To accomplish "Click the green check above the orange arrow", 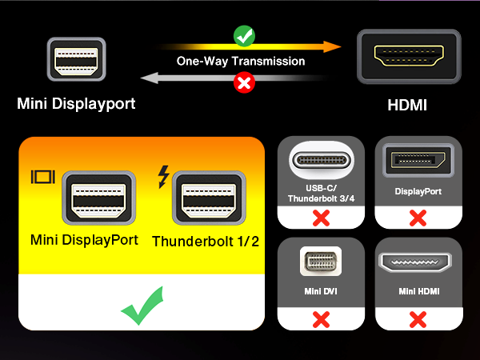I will [x=243, y=35].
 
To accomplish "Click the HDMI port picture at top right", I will [x=409, y=58].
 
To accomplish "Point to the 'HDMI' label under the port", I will [x=409, y=104].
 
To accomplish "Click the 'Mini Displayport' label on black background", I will [x=76, y=104].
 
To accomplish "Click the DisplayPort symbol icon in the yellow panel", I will [x=42, y=178].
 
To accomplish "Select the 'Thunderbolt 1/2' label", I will [x=206, y=241].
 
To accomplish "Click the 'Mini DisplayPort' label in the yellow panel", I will [x=84, y=239].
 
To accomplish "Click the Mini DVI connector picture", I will [x=321, y=264].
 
